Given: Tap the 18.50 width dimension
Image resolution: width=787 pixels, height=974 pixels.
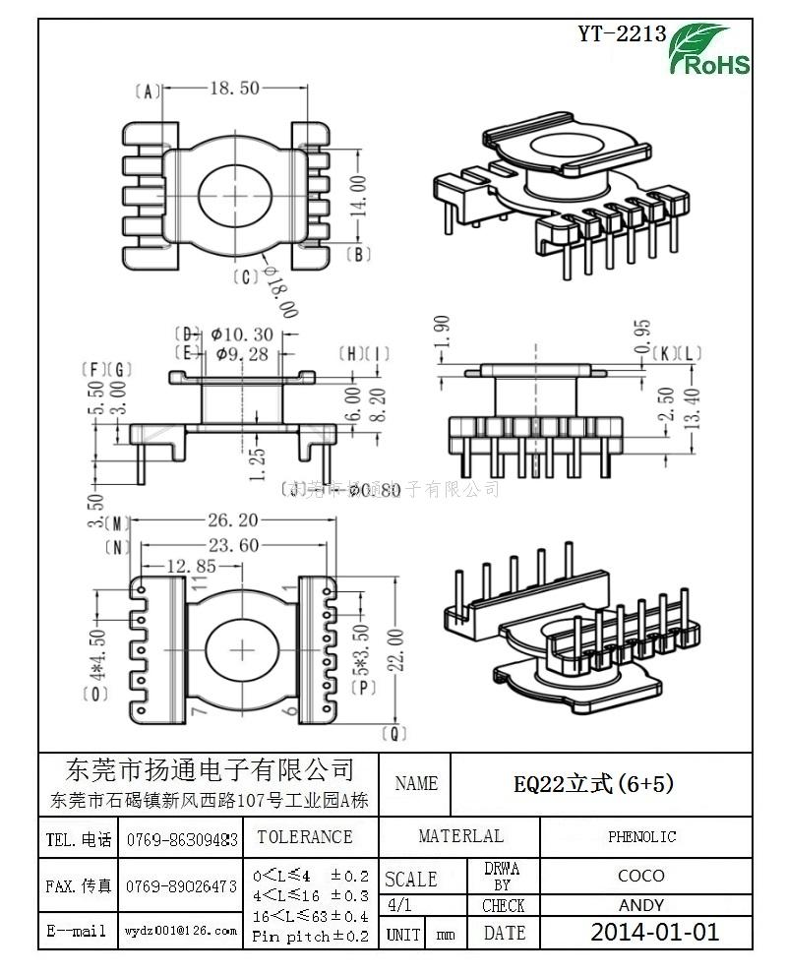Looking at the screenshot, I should [234, 89].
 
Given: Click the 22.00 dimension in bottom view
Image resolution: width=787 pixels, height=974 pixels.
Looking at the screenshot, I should [395, 648].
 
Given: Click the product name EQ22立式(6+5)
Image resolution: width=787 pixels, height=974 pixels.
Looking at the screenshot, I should [593, 783].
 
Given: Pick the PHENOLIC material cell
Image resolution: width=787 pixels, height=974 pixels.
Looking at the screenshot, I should [641, 837].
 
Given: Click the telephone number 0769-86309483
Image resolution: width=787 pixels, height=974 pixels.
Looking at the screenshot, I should [181, 840].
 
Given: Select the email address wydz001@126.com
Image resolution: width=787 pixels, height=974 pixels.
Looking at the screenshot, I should [180, 930].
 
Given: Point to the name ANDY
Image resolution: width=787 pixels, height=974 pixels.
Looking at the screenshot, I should [640, 905].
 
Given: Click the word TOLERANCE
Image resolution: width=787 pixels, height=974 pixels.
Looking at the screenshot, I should [304, 837].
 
